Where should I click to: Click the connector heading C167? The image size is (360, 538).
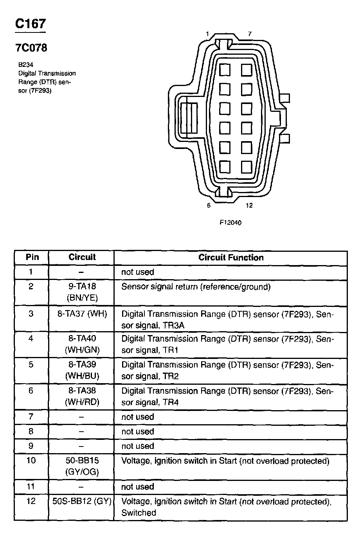point(30,24)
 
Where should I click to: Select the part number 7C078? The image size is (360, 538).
point(31,48)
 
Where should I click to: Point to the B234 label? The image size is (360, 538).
point(25,65)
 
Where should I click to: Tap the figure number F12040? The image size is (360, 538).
point(230,222)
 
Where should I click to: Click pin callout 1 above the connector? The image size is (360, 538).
point(207,34)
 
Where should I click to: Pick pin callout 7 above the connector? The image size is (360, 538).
point(250,34)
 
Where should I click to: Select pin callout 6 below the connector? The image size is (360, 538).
point(209,205)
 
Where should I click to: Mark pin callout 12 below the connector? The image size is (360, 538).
point(249,205)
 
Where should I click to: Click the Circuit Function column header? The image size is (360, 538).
point(231,257)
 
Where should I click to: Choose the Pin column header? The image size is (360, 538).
point(32,257)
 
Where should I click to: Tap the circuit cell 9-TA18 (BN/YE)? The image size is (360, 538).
point(82,292)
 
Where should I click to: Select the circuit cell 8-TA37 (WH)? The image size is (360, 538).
point(82,314)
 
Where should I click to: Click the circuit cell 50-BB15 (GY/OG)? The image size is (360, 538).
point(82,466)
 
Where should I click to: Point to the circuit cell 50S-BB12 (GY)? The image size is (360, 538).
point(82,501)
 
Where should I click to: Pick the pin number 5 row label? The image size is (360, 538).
point(31,365)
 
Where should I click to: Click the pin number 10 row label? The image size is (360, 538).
point(31,461)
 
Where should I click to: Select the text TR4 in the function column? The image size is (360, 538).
point(171,402)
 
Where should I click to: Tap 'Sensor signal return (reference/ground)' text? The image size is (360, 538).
point(196,287)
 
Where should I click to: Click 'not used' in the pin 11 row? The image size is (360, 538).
point(138,487)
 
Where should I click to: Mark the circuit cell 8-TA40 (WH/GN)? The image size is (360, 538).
point(82,344)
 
